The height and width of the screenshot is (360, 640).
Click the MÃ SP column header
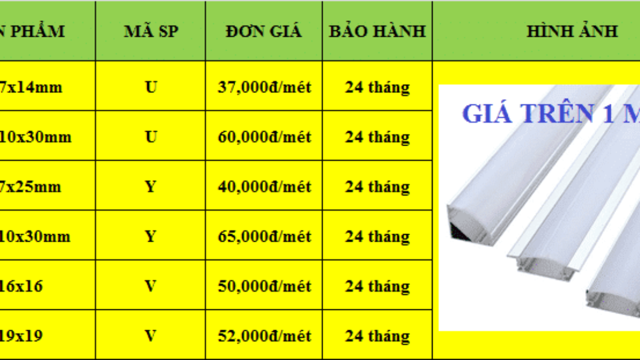pyautogui.click(x=150, y=31)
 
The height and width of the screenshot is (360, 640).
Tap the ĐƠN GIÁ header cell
pyautogui.click(x=263, y=31)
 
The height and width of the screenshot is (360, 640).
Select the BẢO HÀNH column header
pyautogui.click(x=377, y=31)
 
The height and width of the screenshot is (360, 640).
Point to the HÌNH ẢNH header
pyautogui.click(x=572, y=31)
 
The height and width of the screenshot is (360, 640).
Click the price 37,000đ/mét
pyautogui.click(x=264, y=87)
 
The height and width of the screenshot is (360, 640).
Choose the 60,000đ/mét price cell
pyautogui.click(x=264, y=137)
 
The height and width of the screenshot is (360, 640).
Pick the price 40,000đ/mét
pyautogui.click(x=264, y=187)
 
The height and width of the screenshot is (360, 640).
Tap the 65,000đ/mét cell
pyautogui.click(x=264, y=236)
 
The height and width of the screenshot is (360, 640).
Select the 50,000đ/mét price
pyautogui.click(x=264, y=286)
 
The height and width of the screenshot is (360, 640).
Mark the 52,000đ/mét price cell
pyautogui.click(x=264, y=336)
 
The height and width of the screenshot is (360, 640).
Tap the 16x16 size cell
pyautogui.click(x=21, y=286)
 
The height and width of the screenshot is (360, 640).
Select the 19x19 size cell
pyautogui.click(x=21, y=336)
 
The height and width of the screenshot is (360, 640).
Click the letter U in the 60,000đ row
pyautogui.click(x=151, y=137)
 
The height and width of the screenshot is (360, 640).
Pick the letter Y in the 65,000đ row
pyautogui.click(x=151, y=236)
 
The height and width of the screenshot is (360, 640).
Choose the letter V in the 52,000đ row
pyautogui.click(x=151, y=336)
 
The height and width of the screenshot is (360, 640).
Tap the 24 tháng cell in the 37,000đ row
pyautogui.click(x=377, y=87)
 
